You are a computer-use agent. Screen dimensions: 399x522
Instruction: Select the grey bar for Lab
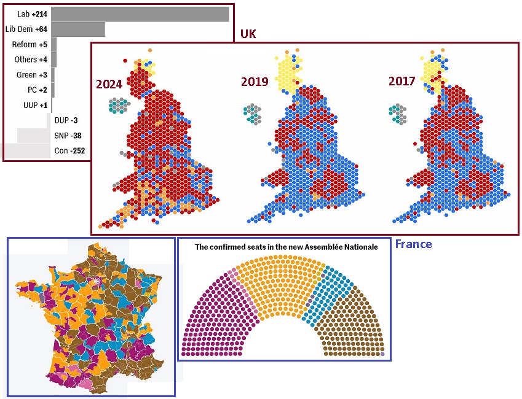click(x=140, y=14)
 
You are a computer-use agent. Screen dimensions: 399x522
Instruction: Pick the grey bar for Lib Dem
click(x=78, y=29)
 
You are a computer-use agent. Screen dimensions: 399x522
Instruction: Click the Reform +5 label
click(x=30, y=44)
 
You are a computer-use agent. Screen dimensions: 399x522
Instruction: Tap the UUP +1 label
click(x=35, y=105)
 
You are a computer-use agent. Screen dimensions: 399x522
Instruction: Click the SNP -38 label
click(x=68, y=136)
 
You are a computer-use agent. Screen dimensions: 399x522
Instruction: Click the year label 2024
click(x=109, y=85)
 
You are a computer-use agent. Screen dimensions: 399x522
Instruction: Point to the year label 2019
click(x=255, y=81)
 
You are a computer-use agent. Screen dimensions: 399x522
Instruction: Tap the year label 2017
click(x=402, y=81)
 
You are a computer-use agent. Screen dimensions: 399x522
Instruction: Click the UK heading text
click(x=248, y=34)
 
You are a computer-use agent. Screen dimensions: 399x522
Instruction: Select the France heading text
click(x=413, y=244)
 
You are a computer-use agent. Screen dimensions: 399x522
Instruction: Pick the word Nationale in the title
click(x=356, y=247)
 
